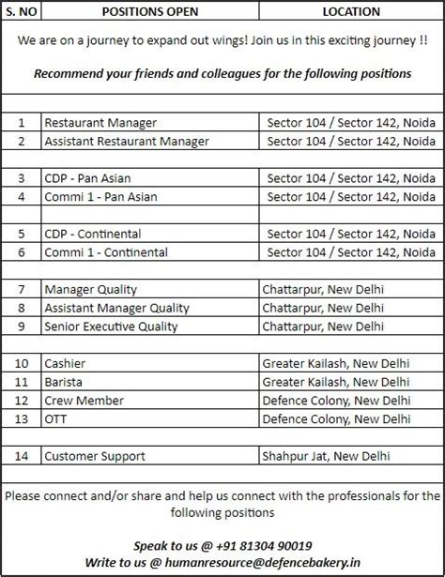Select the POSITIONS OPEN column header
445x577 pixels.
click(148, 12)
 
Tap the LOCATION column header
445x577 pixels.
click(351, 12)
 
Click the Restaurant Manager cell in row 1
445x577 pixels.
click(100, 123)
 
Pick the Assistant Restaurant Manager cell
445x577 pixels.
click(126, 141)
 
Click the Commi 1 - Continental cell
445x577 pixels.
click(106, 252)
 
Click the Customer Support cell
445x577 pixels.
click(95, 456)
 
